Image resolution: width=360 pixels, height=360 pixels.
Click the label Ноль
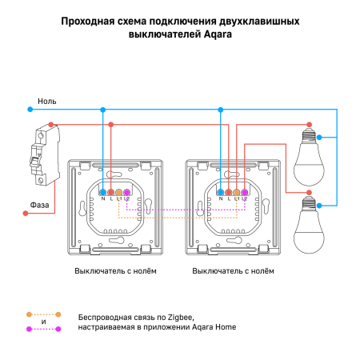[x=46, y=102]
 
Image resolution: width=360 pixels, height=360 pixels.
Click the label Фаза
[x=42, y=205]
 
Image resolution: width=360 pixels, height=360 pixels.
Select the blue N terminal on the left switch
[x=102, y=193]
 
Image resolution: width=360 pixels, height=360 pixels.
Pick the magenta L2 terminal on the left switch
[x=127, y=193]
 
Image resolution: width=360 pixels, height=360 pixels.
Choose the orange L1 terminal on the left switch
[x=119, y=193]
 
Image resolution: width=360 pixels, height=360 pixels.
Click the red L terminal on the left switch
[x=111, y=193]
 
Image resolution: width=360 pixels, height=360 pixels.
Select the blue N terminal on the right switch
[x=219, y=193]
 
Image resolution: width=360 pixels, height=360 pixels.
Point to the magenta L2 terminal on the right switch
[x=244, y=193]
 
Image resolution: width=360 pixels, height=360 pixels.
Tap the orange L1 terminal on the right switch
[x=236, y=193]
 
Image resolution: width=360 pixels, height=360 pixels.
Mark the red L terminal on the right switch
[x=228, y=193]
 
